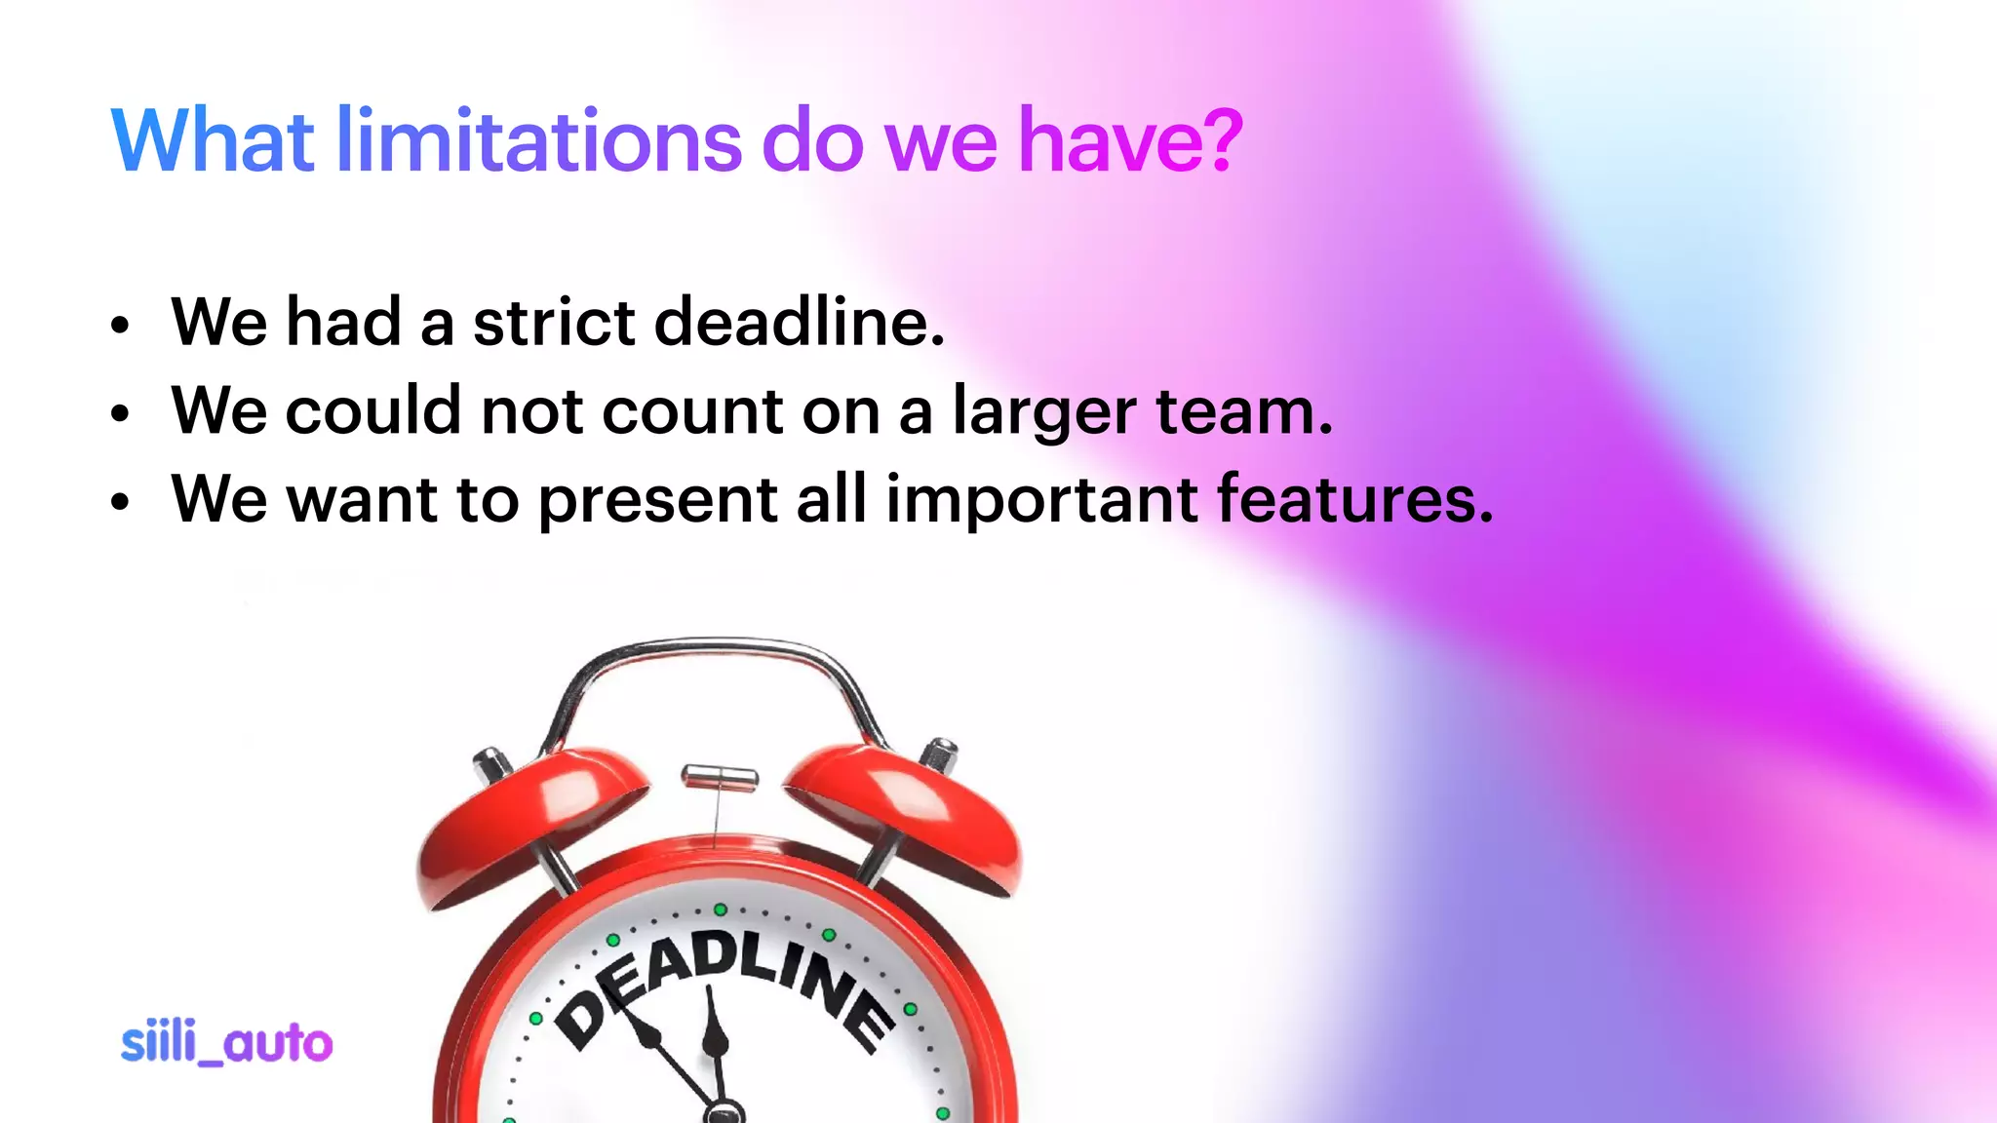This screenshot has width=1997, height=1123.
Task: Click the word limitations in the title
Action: coord(539,140)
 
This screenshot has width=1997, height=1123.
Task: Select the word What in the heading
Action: coord(213,140)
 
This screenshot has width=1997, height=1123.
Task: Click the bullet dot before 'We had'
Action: coord(119,326)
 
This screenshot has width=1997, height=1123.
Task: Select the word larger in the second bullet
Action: coord(1043,411)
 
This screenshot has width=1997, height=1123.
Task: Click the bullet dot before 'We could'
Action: coord(119,414)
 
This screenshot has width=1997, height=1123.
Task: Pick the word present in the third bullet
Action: coord(657,500)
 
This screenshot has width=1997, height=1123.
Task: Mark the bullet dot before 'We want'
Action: coord(119,503)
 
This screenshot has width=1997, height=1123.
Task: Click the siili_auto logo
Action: coord(226,1043)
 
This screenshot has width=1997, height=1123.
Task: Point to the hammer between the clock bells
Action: coord(720,777)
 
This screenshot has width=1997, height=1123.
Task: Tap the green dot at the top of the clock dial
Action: coord(720,910)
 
